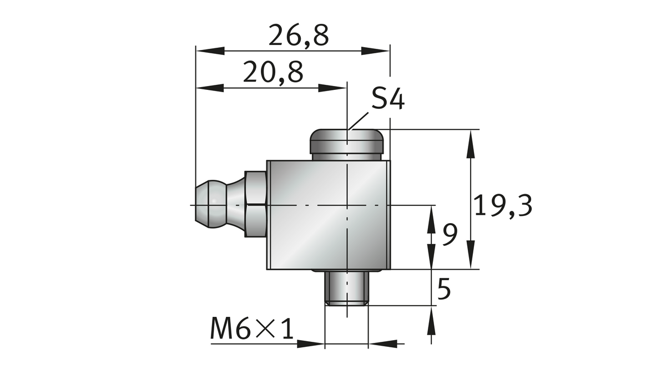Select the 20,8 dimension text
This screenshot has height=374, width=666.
point(274,73)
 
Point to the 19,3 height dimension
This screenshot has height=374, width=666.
point(503,206)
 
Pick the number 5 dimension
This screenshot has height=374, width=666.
point(445,289)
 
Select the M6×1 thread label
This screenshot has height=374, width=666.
point(251,330)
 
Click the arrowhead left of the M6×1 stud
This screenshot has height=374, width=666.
point(311,344)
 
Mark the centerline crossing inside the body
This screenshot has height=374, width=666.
point(347,205)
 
